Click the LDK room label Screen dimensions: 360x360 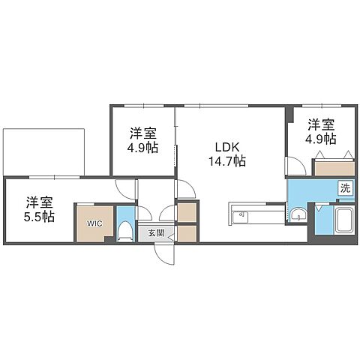point(227,147)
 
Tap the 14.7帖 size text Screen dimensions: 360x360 point(227,161)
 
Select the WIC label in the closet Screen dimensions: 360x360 point(94,223)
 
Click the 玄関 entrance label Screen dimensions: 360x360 point(156,233)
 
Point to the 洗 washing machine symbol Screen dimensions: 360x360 point(346,188)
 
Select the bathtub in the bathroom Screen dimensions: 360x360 point(344,220)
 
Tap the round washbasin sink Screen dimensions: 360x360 point(298,214)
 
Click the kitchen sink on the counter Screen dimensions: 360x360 point(240,217)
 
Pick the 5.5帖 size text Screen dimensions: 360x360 point(39,217)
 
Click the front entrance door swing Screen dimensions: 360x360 point(164,253)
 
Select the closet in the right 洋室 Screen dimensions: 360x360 point(334,169)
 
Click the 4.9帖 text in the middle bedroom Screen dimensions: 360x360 point(142,148)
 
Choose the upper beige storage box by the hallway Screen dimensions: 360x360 point(187,212)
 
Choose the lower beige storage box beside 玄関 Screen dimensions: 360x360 point(187,234)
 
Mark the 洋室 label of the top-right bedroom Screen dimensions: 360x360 point(321,124)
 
